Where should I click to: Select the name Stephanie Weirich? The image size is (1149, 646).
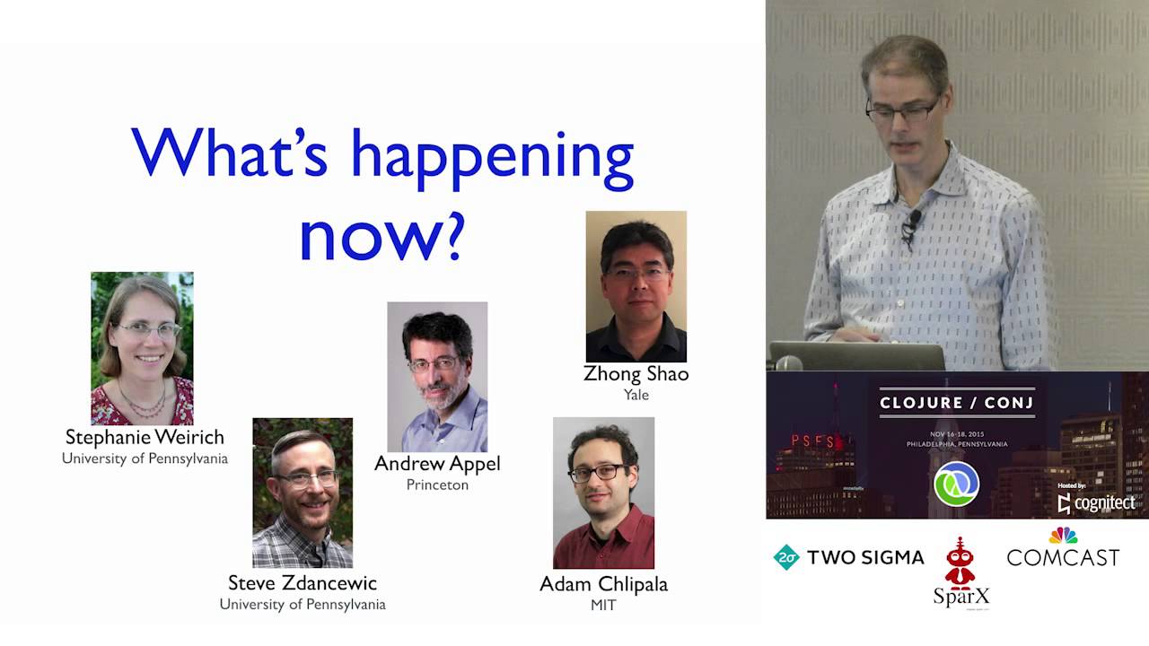coord(145,437)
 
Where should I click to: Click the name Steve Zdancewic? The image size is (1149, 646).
coord(303,583)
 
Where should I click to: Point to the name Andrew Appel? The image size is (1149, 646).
coord(437,463)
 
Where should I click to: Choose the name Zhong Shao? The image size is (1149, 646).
coord(636,373)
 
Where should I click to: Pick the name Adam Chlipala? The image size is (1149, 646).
coord(603,584)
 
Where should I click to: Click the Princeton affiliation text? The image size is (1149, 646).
coord(437,484)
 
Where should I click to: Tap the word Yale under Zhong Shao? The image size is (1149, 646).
coord(636,395)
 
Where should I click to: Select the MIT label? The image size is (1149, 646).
coord(603,606)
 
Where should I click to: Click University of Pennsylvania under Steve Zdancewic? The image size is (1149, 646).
coord(303,605)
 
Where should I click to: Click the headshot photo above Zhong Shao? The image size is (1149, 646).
coord(636,286)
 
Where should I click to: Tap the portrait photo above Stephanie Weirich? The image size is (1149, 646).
coord(142,348)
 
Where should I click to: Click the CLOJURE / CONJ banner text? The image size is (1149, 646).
coord(956,403)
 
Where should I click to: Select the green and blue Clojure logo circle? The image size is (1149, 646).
coord(956,484)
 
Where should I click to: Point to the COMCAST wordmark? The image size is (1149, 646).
coord(1063,557)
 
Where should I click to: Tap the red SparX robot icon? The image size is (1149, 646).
coord(960,563)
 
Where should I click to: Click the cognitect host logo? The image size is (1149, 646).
coord(1097,503)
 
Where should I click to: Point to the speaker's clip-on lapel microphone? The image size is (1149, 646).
coord(913,220)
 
